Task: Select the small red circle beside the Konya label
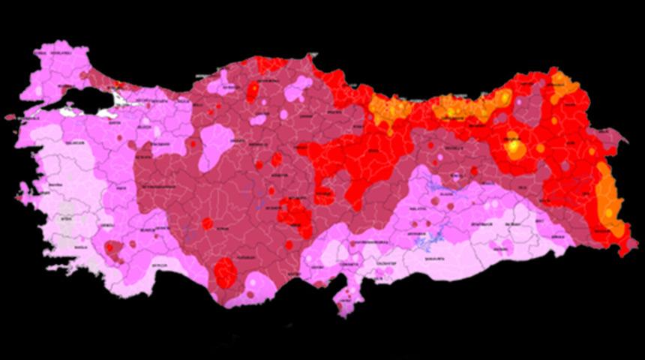click(x=207, y=223)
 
